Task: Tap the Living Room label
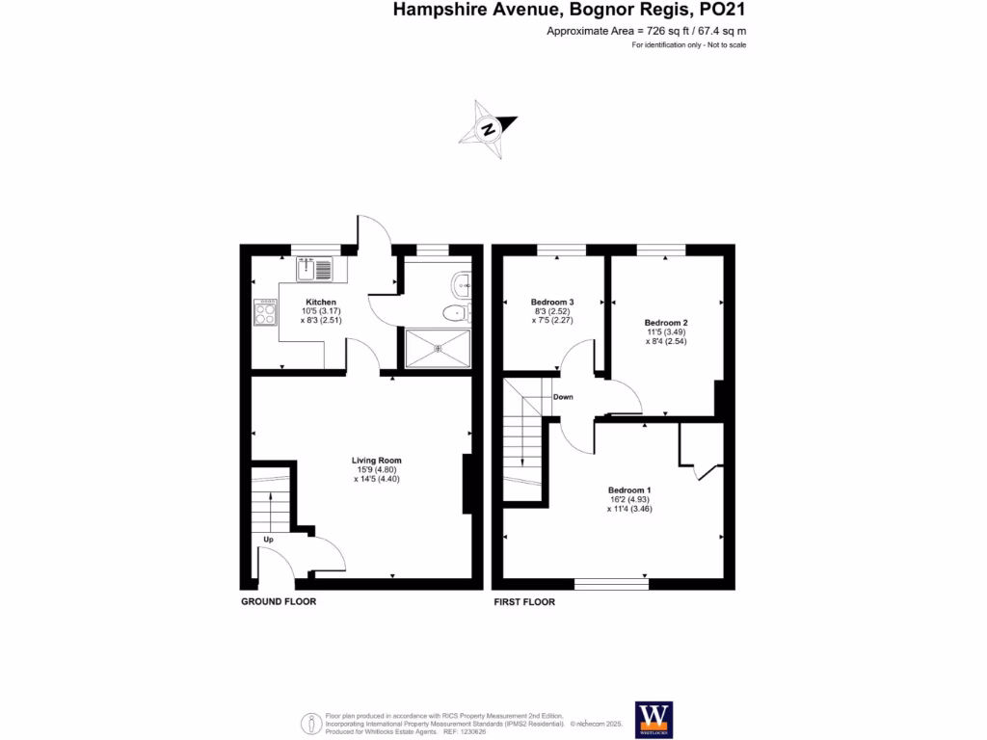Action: point(376,461)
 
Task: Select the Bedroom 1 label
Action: point(629,489)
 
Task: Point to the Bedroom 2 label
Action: point(666,322)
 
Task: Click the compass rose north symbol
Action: point(490,128)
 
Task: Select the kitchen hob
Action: point(264,311)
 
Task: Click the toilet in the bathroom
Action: point(453,312)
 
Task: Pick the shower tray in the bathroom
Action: point(438,348)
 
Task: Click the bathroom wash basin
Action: point(462,282)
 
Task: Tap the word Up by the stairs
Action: point(268,540)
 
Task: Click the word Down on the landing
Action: point(563,397)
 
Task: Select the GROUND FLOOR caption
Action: point(279,601)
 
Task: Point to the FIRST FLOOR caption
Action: point(524,601)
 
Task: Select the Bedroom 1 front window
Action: point(611,583)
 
